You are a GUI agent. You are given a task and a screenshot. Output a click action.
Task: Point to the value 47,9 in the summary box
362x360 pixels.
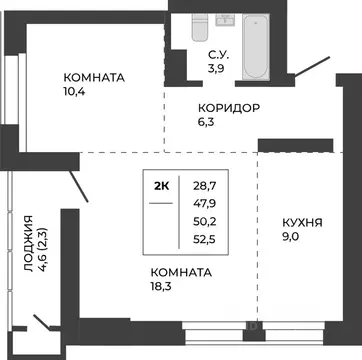[x=205, y=204]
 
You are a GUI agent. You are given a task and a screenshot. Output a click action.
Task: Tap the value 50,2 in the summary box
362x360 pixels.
[x=205, y=222]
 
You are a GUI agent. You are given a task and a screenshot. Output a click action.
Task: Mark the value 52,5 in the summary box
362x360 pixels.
[x=205, y=240]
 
